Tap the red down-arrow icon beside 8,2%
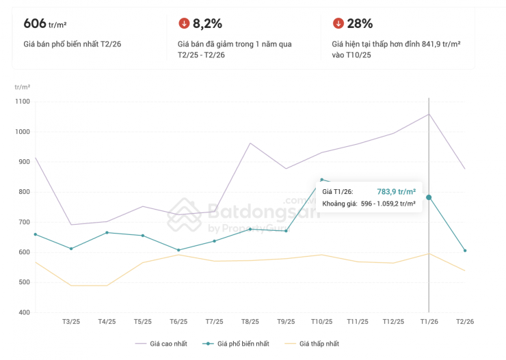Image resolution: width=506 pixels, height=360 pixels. pos(183,24)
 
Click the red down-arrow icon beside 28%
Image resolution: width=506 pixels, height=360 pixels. pos(338,24)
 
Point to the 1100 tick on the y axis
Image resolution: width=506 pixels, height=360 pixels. pos(23,101)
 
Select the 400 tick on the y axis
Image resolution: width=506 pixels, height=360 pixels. pos(24,312)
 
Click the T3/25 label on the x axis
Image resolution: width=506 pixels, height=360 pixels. pos(71,321)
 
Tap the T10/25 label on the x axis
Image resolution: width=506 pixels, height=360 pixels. pos(321,321)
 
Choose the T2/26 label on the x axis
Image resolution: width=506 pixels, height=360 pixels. pos(464,321)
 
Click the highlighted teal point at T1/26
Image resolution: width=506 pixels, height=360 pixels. pos(429,197)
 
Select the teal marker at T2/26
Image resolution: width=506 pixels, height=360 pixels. pos(464,251)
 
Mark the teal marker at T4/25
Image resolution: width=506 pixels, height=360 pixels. pos(107,232)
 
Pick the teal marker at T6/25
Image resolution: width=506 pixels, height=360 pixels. pos(178,250)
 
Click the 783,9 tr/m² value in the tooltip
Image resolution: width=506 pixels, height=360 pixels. pos(396,192)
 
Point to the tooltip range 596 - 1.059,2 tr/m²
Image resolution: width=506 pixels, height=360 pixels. pos(388,204)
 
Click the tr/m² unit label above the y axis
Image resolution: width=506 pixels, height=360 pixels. pos(23,87)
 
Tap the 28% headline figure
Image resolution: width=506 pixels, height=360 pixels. pos(360,24)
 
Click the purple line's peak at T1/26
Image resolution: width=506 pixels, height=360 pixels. pos(429,114)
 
